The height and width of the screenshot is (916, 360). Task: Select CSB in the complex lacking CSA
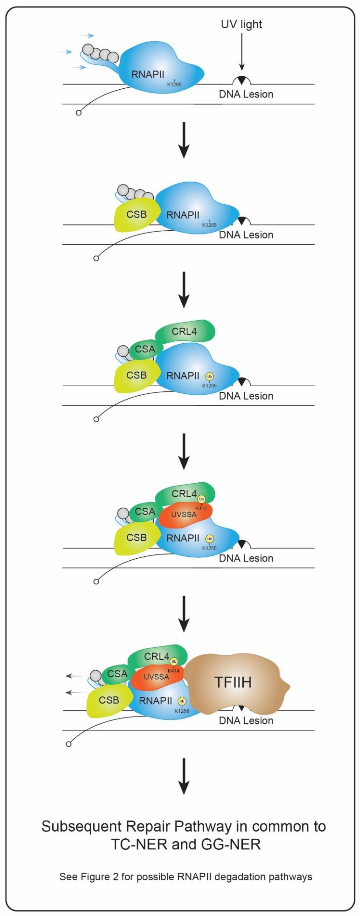pyautogui.click(x=136, y=214)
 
